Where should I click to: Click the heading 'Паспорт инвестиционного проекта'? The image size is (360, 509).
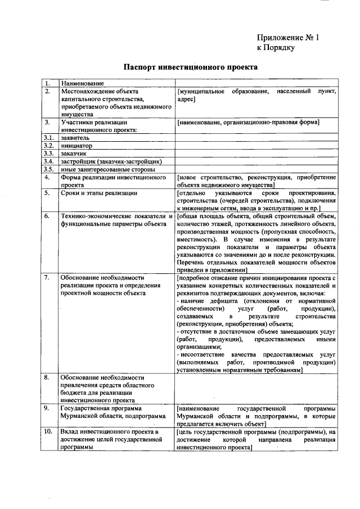coord(190,67)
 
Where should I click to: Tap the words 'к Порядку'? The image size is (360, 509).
coord(276,48)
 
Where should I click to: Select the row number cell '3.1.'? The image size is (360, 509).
coord(49,137)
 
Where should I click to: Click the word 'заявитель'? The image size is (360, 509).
coord(76,137)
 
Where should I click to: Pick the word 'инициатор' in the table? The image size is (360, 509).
coord(77,145)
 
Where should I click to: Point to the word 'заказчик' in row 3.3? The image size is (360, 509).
coord(74,153)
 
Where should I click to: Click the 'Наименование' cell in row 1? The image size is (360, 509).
coord(83,83)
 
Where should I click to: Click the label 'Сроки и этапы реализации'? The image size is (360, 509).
coord(99,193)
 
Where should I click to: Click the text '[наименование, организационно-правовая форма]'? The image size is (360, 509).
coord(248,121)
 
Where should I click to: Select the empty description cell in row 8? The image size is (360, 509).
coord(256,388)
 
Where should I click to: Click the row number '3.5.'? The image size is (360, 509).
coord(49,169)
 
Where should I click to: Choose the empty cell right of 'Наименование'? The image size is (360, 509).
coord(256,83)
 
